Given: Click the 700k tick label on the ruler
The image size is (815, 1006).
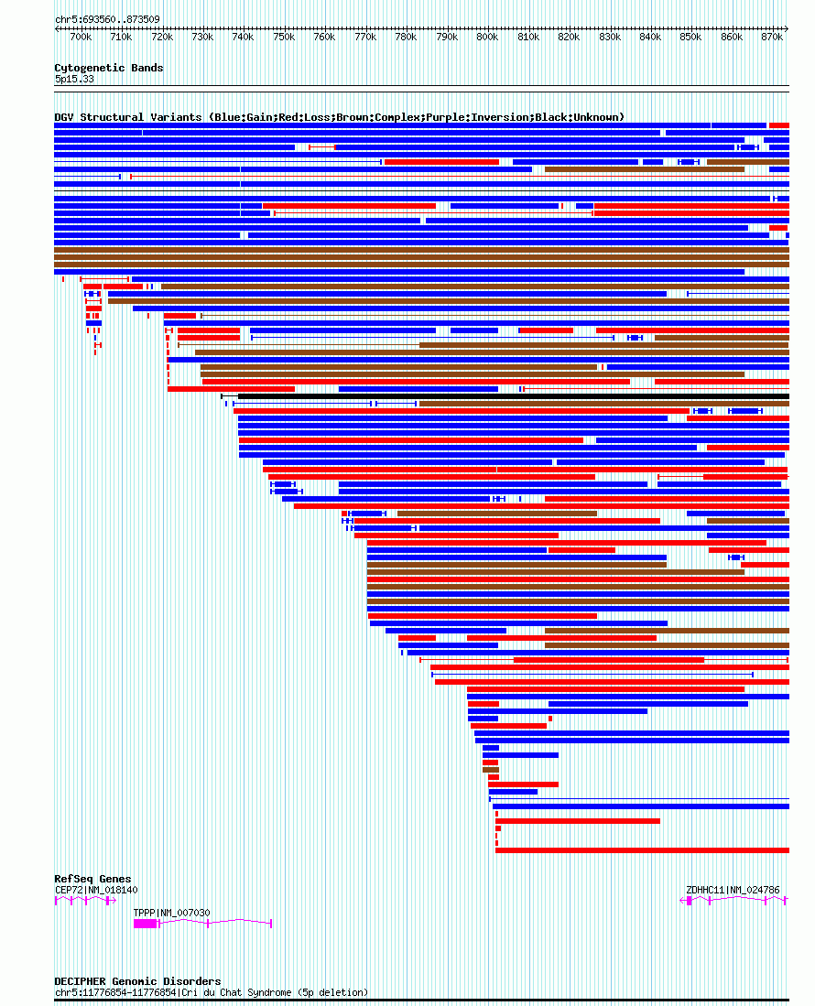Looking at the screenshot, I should click(x=81, y=37).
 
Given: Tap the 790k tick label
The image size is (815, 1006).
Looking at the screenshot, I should click(x=447, y=37).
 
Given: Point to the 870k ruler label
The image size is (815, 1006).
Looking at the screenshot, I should click(x=772, y=37).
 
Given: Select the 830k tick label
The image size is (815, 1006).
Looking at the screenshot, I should click(x=610, y=37).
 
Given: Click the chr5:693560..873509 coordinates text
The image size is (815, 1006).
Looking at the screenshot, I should click(x=106, y=19).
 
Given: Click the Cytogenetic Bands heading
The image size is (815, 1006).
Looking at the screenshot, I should click(x=108, y=68).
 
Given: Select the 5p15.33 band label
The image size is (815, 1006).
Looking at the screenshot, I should click(x=74, y=79).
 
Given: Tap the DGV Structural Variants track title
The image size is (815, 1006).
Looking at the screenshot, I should click(x=339, y=117).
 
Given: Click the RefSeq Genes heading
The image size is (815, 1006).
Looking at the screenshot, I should click(x=92, y=879).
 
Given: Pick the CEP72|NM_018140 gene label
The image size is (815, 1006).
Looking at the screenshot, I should click(x=96, y=890).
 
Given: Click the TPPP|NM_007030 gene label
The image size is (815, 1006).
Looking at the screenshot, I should click(x=171, y=913).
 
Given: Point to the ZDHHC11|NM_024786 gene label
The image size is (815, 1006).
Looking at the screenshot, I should click(x=733, y=890).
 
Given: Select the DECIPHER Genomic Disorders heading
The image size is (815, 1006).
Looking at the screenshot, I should click(x=137, y=981).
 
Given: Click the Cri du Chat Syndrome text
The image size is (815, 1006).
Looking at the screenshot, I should click(x=275, y=992).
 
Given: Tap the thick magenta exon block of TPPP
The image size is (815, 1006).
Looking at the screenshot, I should click(x=146, y=924).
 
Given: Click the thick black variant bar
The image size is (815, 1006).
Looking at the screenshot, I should click(x=513, y=396).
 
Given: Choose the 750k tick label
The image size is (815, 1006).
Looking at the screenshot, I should click(x=284, y=37).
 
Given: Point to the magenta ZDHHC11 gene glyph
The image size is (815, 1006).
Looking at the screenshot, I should click(x=733, y=901).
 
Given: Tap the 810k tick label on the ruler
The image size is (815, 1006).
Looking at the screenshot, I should click(x=528, y=37).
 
